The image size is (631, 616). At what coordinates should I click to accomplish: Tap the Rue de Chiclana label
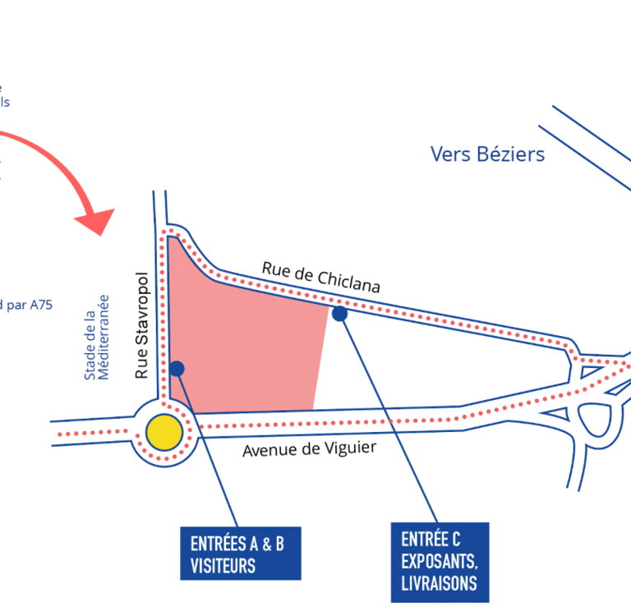pos(321,277)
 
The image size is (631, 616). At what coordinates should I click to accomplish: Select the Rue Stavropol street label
pos(141,325)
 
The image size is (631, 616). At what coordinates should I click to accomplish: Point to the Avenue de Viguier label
pos(309,449)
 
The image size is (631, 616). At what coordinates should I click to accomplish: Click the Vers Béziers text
pos(487,154)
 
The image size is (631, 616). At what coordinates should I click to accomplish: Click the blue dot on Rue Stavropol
pos(177,368)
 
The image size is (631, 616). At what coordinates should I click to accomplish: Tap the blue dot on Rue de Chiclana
pos(339,314)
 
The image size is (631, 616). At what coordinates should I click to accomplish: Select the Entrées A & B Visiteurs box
pos(240,554)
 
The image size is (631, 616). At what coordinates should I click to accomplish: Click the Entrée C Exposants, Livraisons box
pos(440,562)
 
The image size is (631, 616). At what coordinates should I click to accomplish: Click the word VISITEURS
pos(223,566)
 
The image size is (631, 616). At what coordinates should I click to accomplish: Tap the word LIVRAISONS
pos(439,584)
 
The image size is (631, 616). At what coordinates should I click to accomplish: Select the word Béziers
pos(510,154)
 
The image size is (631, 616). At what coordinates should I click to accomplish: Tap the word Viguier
pos(350,448)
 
